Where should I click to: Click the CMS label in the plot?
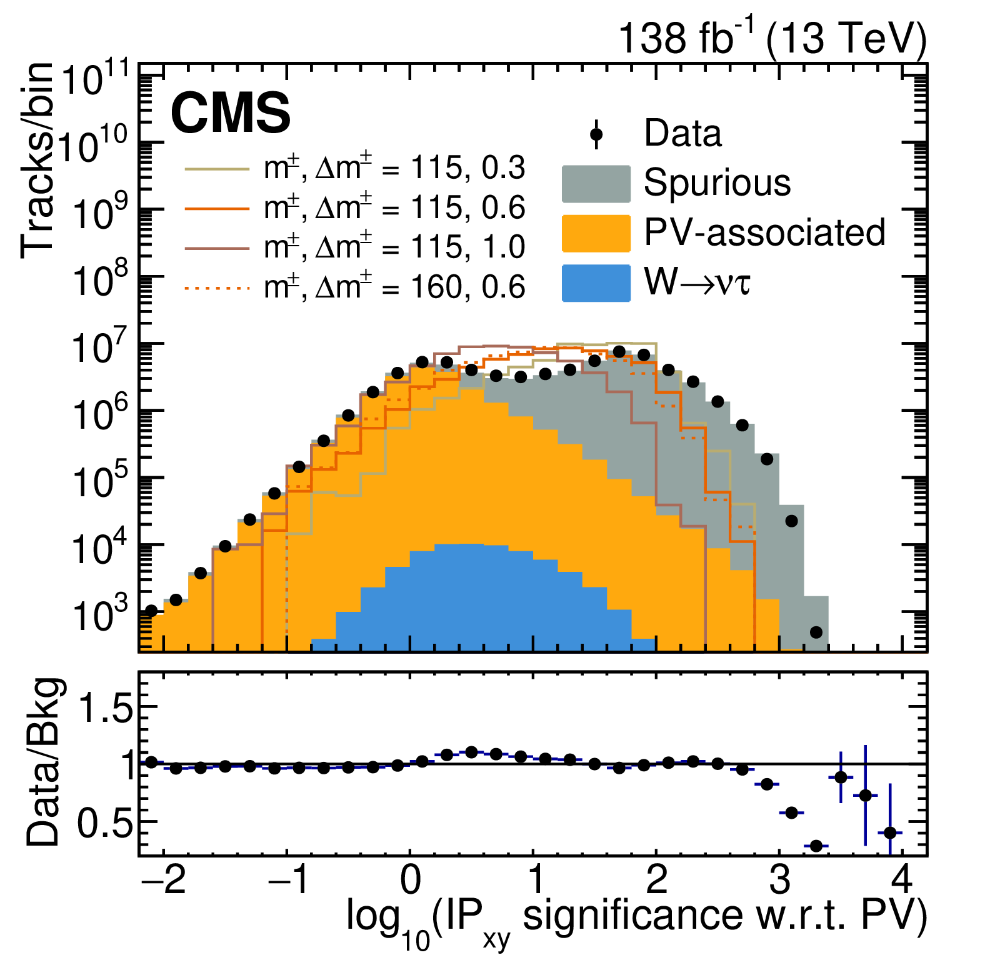(231, 112)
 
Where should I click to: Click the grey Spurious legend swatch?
(596, 184)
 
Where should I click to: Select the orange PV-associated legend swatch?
(596, 234)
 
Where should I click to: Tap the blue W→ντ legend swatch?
(596, 283)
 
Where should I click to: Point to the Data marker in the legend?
(596, 134)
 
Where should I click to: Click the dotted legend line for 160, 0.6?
(217, 288)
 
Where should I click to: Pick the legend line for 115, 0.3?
(217, 169)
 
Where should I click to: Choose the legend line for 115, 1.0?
(217, 248)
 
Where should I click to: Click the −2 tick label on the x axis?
(163, 879)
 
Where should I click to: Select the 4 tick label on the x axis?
(901, 879)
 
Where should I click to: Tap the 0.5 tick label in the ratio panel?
(106, 824)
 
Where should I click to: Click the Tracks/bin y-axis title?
(37, 160)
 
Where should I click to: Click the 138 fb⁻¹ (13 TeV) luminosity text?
(772, 37)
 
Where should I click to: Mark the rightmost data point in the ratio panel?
(890, 832)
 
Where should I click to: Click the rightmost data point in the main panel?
(816, 632)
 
